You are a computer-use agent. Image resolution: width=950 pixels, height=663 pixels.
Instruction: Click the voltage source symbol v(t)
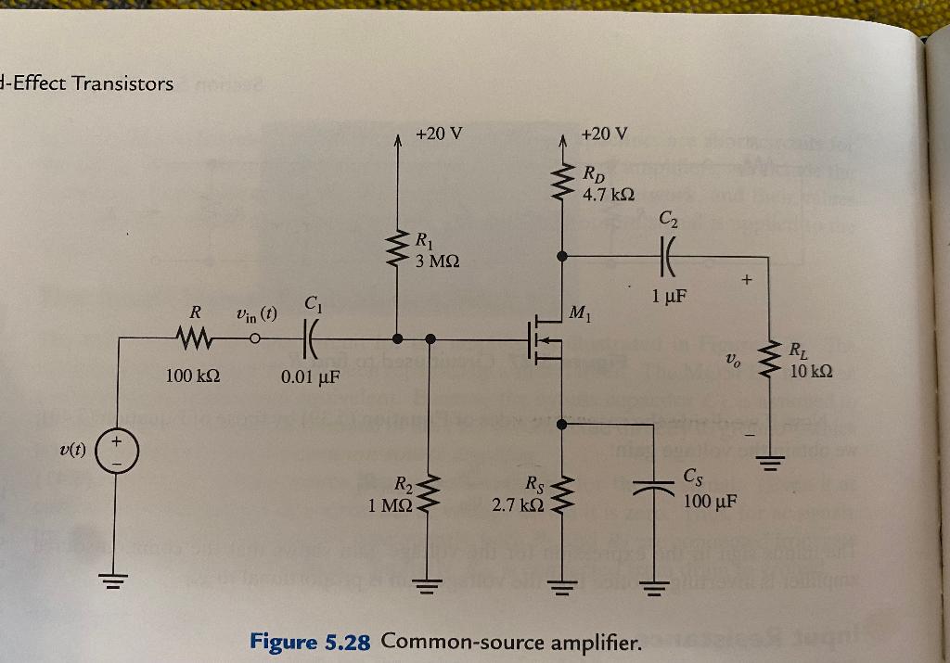point(117,452)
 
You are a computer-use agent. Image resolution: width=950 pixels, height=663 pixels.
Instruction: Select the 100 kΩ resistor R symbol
point(199,338)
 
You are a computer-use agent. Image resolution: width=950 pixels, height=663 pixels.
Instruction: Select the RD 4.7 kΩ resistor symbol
point(562,183)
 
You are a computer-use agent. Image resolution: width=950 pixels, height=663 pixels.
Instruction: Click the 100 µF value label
point(710,503)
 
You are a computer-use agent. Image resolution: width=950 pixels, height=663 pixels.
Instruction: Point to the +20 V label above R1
point(439,134)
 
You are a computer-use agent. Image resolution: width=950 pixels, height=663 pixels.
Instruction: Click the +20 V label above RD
point(604,134)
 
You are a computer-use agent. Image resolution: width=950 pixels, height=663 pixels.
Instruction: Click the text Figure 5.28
point(311,641)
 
